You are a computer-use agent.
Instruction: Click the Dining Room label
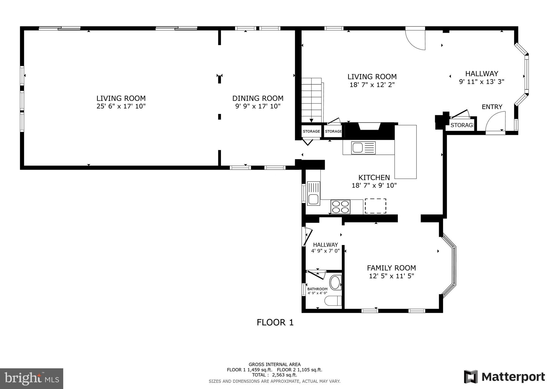pyautogui.click(x=258, y=98)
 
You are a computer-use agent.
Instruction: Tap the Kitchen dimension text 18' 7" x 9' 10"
pyautogui.click(x=374, y=185)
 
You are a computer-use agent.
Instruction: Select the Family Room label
pyautogui.click(x=391, y=268)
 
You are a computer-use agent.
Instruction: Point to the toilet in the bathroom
pyautogui.click(x=333, y=301)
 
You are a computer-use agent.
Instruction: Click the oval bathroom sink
pyautogui.click(x=335, y=283)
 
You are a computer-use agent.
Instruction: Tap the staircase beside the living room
pyautogui.click(x=312, y=100)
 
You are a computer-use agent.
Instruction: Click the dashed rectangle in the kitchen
pyautogui.click(x=375, y=206)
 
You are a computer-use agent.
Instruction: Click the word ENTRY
pyautogui.click(x=492, y=107)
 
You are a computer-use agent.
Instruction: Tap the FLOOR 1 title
pyautogui.click(x=275, y=322)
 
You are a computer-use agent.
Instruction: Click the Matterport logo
pyautogui.click(x=504, y=377)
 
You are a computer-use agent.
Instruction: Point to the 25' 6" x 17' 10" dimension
pyautogui.click(x=121, y=106)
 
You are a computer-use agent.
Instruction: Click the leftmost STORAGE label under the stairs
pyautogui.click(x=311, y=131)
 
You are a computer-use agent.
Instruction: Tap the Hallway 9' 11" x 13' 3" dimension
pyautogui.click(x=481, y=82)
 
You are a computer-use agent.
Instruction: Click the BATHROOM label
pyautogui.click(x=317, y=289)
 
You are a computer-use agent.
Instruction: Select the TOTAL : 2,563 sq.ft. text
pyautogui.click(x=274, y=375)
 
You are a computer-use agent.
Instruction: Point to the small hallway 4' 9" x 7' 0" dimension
pyautogui.click(x=325, y=251)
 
